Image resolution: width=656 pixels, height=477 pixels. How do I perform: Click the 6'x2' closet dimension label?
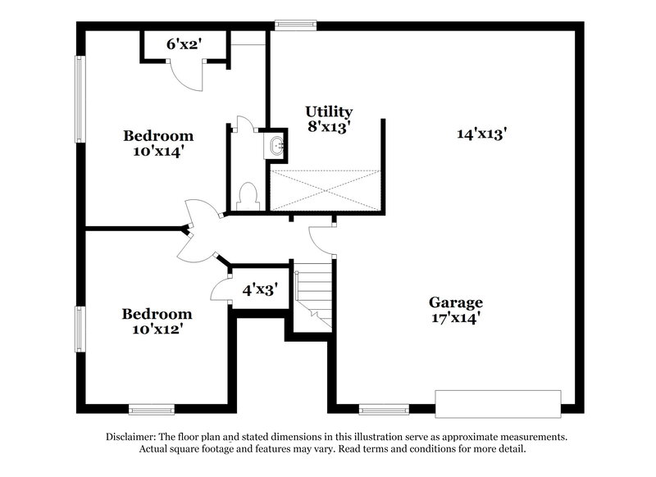click(184, 44)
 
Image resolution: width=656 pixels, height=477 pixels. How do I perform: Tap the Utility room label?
click(329, 111)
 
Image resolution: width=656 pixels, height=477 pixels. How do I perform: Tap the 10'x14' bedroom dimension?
click(158, 151)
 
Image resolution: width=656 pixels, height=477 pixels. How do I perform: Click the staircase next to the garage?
click(313, 297)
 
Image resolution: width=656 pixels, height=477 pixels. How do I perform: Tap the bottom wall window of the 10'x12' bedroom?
click(151, 408)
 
